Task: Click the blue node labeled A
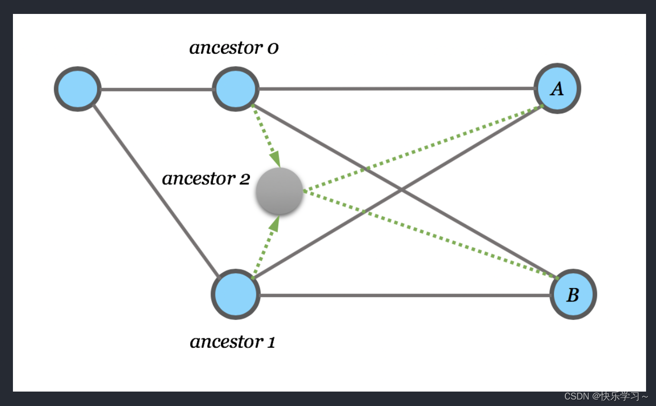[557, 89]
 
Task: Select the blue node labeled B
[573, 295]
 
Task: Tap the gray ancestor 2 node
[279, 191]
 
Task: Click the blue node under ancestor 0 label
[235, 89]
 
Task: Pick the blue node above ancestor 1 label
[235, 295]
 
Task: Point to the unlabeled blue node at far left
[78, 89]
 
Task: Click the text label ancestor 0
[233, 48]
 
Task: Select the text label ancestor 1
[232, 342]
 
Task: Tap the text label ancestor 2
[206, 179]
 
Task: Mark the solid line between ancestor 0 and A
[396, 89]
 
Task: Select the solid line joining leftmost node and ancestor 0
[156, 90]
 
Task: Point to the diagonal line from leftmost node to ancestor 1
[155, 189]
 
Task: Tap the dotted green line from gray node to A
[423, 148]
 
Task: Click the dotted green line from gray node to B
[431, 234]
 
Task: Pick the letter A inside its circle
[557, 89]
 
